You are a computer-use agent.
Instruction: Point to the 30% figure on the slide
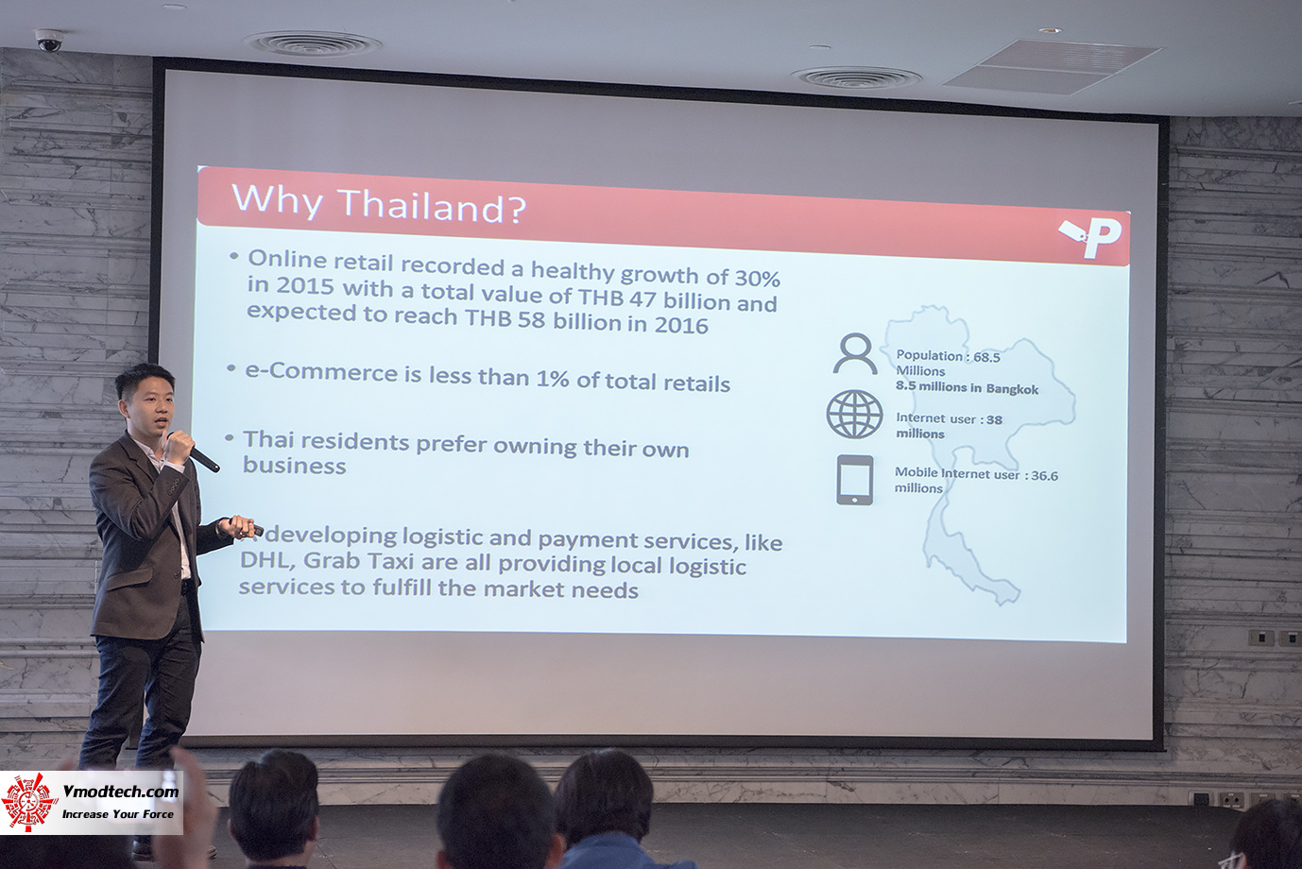click(x=758, y=279)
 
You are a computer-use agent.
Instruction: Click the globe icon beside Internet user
click(x=854, y=414)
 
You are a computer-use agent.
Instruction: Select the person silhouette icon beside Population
click(x=855, y=353)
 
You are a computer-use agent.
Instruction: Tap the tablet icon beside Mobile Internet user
click(x=854, y=480)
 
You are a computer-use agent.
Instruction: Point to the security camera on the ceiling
click(x=49, y=40)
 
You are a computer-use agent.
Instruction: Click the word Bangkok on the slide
click(x=1012, y=389)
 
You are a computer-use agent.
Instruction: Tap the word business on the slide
click(x=294, y=466)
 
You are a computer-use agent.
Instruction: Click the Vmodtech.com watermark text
click(x=120, y=792)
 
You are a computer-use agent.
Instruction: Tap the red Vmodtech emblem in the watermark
click(x=29, y=802)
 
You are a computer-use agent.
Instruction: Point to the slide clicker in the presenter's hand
click(x=246, y=526)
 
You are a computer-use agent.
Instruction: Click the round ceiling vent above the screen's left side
click(x=312, y=43)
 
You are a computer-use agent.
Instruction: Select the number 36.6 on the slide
click(x=1044, y=475)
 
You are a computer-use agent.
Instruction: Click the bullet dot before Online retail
click(x=233, y=256)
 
